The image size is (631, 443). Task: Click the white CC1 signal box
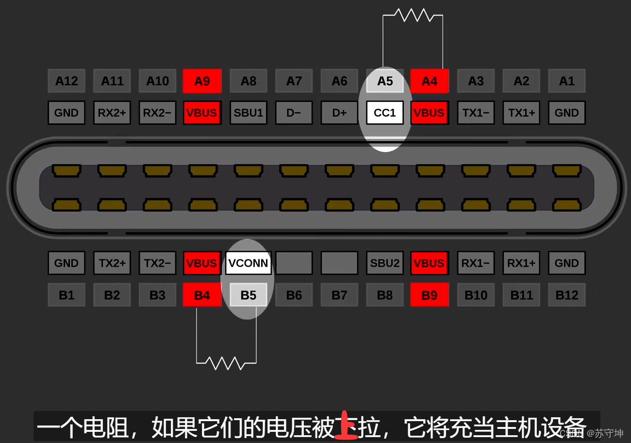[385, 113]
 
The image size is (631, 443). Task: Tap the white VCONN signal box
[248, 263]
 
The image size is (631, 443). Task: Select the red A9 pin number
[202, 81]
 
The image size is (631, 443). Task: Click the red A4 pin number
[430, 81]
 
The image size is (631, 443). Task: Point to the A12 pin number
[66, 81]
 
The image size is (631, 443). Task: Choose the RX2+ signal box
[112, 113]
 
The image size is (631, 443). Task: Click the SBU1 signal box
[248, 113]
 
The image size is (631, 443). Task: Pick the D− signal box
[294, 113]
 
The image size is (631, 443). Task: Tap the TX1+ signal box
[521, 113]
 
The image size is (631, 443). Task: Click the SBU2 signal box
[385, 263]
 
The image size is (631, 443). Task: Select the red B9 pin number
[430, 295]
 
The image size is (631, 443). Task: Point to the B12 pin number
[566, 295]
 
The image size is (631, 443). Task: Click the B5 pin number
[248, 295]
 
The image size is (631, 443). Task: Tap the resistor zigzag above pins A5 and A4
[414, 15]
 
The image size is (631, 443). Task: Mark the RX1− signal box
[476, 263]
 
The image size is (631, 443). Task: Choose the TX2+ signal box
[112, 263]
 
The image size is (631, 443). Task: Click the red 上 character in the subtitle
[346, 426]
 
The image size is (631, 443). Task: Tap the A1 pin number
[566, 81]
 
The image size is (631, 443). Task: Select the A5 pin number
[385, 81]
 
